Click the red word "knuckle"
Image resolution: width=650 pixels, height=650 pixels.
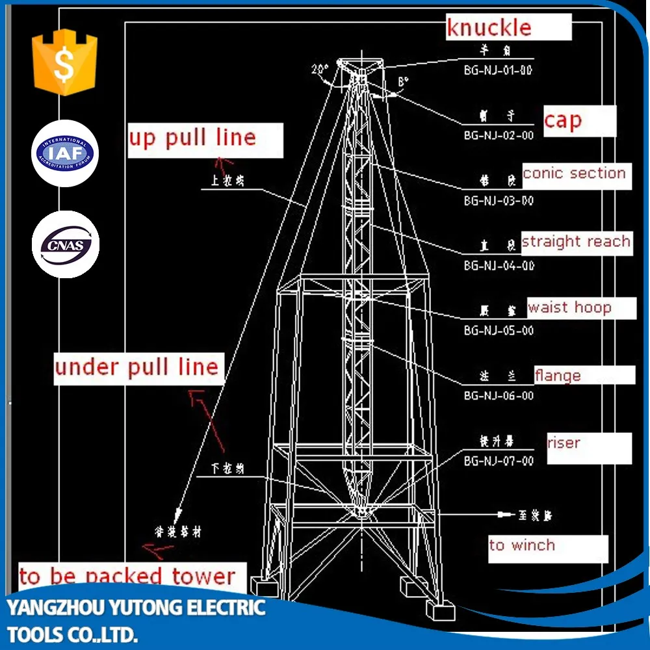tap(488, 28)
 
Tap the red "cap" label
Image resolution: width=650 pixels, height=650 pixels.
tap(563, 120)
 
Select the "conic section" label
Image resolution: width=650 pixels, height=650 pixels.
tap(574, 174)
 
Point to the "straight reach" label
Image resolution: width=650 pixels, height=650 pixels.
tap(576, 242)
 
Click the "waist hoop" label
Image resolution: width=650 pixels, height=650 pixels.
tap(569, 307)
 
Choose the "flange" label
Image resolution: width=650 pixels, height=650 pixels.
tap(558, 376)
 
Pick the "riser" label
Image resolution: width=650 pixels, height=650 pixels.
tap(564, 443)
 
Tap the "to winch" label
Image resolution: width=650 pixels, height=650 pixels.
tap(522, 545)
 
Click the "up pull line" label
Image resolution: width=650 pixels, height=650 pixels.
tap(192, 138)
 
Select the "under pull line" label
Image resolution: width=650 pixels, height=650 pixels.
tap(136, 367)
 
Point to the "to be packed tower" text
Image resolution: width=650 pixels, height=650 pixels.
tap(127, 577)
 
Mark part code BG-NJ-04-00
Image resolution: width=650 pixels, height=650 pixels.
tap(499, 265)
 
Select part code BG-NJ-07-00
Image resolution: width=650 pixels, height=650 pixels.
tap(499, 461)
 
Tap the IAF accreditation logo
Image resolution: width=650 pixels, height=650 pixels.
tap(65, 153)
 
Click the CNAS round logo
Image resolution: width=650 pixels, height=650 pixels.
tap(65, 244)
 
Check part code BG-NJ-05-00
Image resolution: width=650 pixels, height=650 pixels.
tap(499, 330)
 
